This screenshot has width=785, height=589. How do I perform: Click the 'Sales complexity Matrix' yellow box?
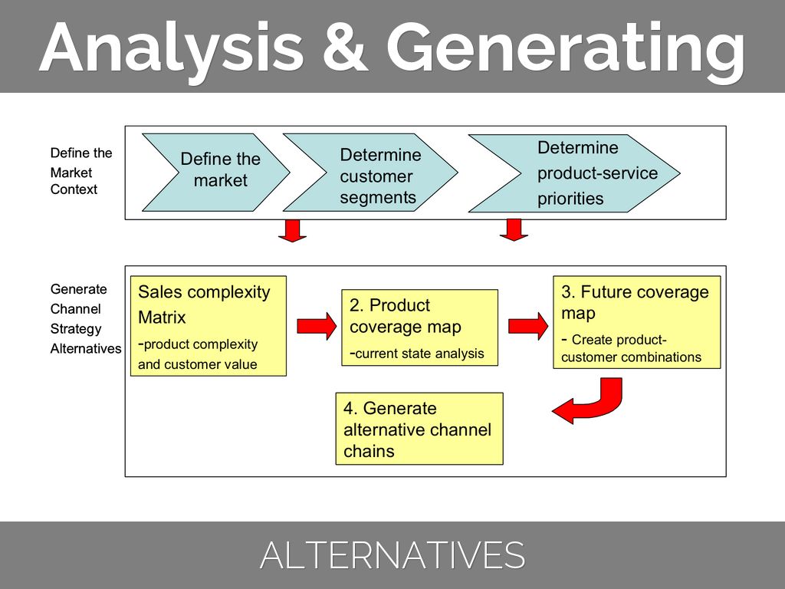209,326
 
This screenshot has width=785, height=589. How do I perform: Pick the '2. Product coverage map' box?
419,327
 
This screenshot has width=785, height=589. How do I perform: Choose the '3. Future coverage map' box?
636,323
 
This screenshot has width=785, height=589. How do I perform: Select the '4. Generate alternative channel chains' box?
419,429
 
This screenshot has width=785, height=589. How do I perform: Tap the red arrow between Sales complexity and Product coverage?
316,326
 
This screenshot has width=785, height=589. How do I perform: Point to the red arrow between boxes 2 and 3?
528,325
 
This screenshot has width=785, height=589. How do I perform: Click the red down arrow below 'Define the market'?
292,231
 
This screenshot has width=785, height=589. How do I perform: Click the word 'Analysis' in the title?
172,48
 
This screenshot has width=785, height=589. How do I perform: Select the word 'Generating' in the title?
566,48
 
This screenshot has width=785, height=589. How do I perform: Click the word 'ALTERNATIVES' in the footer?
392,555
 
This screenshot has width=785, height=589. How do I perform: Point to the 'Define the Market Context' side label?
81,171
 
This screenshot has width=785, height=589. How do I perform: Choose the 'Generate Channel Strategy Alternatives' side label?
85,319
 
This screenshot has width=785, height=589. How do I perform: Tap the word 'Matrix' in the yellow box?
162,318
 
